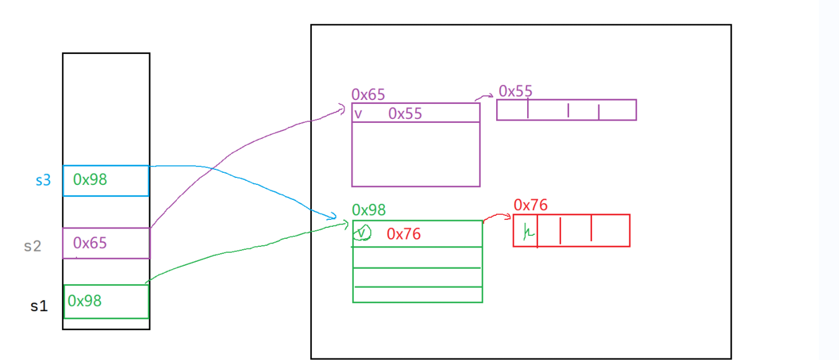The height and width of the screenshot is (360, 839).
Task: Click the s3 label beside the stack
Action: pyautogui.click(x=43, y=180)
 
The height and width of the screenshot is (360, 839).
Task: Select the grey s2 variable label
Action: pyautogui.click(x=33, y=246)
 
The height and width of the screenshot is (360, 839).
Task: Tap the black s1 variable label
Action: pyautogui.click(x=39, y=306)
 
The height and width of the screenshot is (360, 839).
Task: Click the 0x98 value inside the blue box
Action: pyautogui.click(x=90, y=180)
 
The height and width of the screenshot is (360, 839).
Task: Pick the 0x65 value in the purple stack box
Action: pyautogui.click(x=90, y=243)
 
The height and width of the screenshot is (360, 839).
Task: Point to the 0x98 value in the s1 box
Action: pyautogui.click(x=85, y=301)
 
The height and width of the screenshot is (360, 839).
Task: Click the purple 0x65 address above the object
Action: pyautogui.click(x=368, y=95)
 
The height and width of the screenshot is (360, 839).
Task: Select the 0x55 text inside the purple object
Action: pyautogui.click(x=405, y=114)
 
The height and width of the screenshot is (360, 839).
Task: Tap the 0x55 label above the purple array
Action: pyautogui.click(x=515, y=91)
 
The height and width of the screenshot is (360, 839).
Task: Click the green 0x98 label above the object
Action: pyautogui.click(x=369, y=210)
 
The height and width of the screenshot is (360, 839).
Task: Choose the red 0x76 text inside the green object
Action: pyautogui.click(x=404, y=234)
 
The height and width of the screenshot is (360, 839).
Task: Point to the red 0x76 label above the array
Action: pyautogui.click(x=531, y=205)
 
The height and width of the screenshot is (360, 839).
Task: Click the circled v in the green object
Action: pyautogui.click(x=362, y=233)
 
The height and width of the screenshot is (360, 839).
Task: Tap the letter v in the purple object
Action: pyautogui.click(x=358, y=114)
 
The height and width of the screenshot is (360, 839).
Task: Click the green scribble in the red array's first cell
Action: pyautogui.click(x=527, y=232)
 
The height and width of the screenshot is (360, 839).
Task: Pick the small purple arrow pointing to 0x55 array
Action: pyautogui.click(x=486, y=96)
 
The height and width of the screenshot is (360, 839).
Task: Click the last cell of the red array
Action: pyautogui.click(x=610, y=231)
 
